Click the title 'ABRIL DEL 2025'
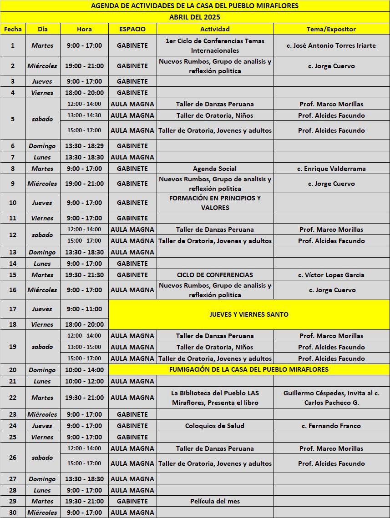point(195,17)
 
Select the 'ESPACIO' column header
point(132,29)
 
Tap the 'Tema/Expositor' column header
point(331,29)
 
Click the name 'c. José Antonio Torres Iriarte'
point(331,45)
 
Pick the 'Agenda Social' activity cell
point(215,169)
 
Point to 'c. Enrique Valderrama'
point(331,169)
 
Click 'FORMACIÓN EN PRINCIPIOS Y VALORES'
point(215,203)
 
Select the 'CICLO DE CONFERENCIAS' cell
point(215,275)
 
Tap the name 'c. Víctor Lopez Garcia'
point(331,275)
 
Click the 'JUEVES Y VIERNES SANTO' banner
point(249,314)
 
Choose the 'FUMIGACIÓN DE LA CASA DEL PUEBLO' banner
point(249,369)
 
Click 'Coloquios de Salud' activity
point(215,426)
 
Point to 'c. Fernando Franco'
point(331,426)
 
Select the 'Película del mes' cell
point(215,501)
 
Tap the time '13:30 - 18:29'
point(84,146)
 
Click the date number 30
point(13,513)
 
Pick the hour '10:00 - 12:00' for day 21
point(84,381)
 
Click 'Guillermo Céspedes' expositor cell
point(331,398)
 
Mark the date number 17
point(13,309)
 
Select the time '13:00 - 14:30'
point(84,115)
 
